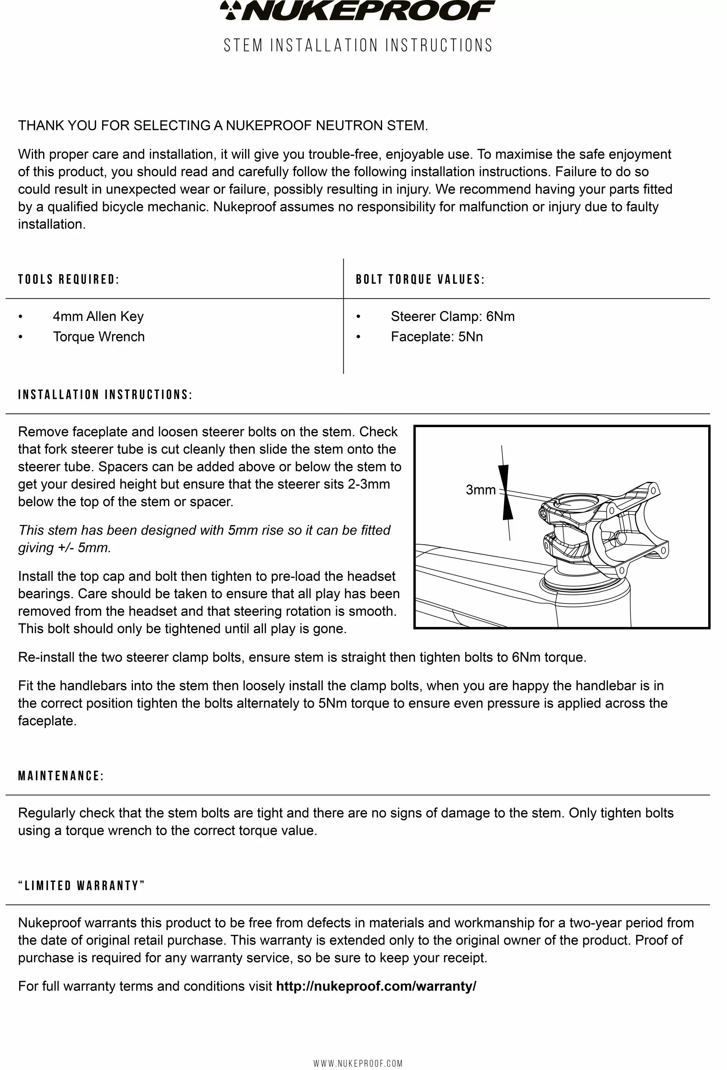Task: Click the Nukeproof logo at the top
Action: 358,10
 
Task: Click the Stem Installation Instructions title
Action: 358,46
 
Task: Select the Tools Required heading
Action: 69,280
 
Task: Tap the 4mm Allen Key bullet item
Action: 98,316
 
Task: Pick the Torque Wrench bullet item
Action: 99,336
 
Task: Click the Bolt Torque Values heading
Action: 420,280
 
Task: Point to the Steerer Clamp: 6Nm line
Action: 452,316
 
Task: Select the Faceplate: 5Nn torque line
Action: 436,336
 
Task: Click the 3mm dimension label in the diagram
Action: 480,490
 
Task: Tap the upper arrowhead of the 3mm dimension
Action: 504,476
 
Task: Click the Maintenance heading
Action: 61,776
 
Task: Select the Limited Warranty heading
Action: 82,886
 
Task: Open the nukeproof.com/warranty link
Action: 376,986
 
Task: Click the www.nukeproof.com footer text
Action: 358,1063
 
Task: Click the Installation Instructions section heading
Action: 105,395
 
